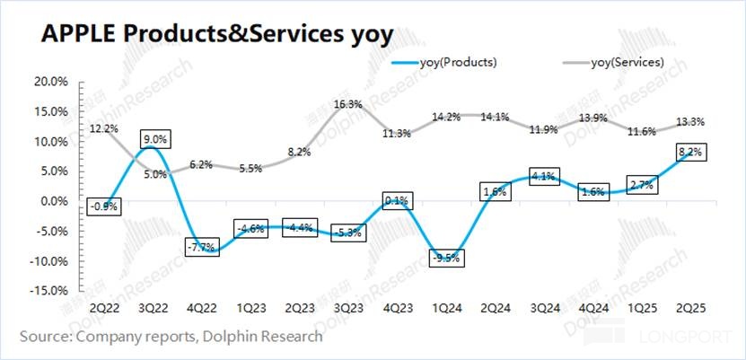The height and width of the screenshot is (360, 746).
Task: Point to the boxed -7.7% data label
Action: pos(203,246)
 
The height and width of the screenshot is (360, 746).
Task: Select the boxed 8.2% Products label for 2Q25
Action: pos(692,153)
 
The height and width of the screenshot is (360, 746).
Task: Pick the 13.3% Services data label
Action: pos(690,121)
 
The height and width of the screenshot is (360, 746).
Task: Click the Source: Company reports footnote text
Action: pos(171,338)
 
